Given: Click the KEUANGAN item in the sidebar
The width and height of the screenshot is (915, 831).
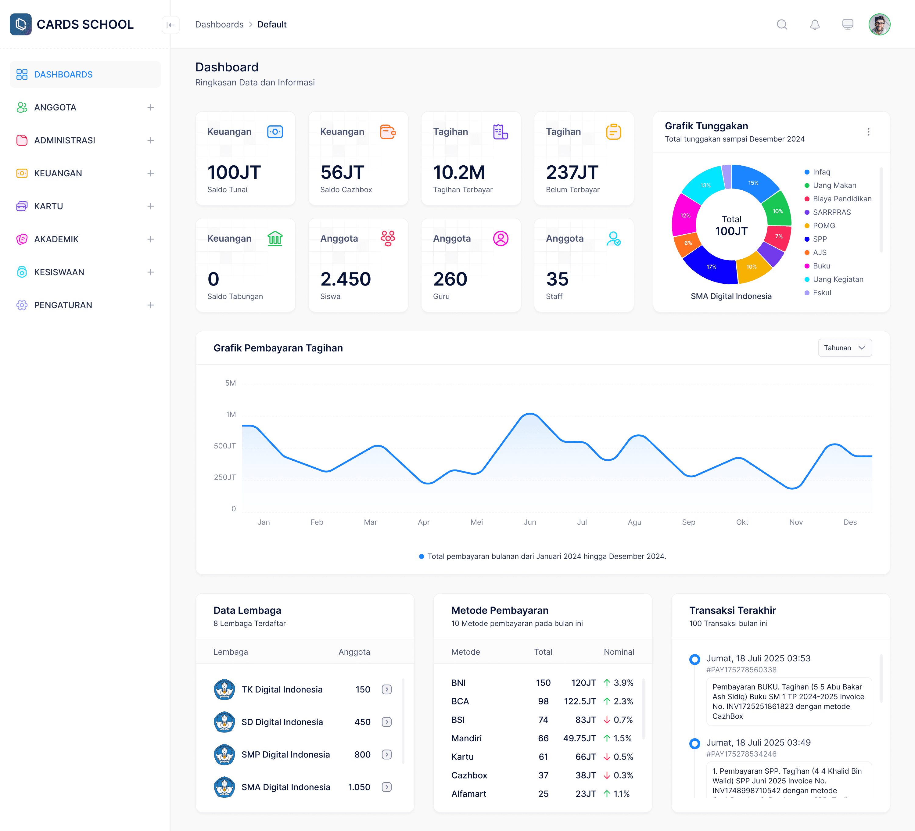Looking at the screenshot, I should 58,173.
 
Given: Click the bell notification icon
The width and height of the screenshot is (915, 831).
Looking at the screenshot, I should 815,24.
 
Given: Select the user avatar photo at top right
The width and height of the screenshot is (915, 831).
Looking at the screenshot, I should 879,24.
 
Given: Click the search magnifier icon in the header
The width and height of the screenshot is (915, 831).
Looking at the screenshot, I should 781,24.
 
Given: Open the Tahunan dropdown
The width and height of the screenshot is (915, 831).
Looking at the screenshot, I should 844,348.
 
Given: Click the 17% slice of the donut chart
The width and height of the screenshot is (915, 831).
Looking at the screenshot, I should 711,267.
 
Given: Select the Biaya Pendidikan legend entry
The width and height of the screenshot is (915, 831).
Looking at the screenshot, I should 841,199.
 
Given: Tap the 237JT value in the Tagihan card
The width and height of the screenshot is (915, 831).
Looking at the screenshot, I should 572,172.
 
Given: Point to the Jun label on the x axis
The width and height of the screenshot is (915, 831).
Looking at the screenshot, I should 530,522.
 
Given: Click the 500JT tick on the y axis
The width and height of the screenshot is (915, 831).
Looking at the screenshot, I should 225,446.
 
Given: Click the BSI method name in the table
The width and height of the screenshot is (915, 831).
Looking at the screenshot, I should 458,720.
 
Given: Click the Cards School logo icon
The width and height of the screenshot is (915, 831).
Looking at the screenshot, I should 20,24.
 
